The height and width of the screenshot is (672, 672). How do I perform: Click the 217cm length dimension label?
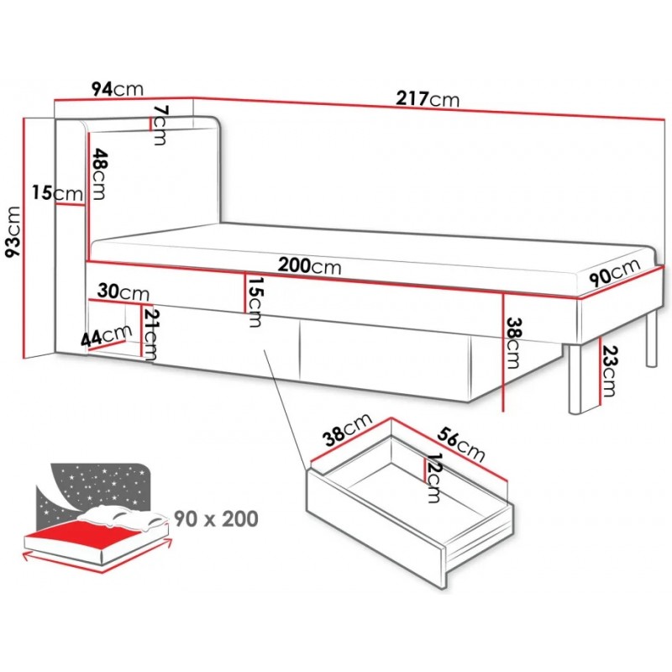click(x=428, y=99)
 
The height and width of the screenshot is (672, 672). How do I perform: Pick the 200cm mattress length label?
click(x=310, y=265)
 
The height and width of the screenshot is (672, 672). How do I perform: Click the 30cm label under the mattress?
click(x=123, y=292)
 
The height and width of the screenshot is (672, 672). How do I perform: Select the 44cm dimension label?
click(x=107, y=336)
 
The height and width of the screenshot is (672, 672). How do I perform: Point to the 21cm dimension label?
click(x=150, y=333)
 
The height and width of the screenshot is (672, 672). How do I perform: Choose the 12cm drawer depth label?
click(x=433, y=477)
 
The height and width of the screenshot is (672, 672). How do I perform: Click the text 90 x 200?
click(x=216, y=518)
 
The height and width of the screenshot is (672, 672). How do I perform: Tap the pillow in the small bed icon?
click(x=126, y=519)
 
